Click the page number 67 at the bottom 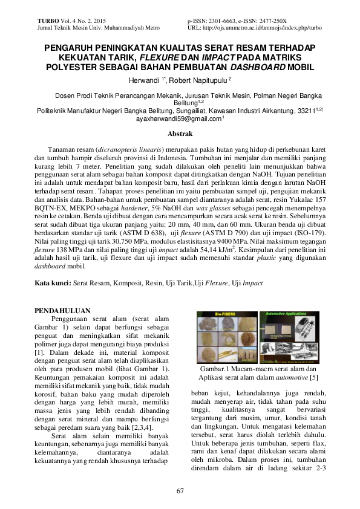tap(180, 490)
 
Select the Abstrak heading tap(180, 133)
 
